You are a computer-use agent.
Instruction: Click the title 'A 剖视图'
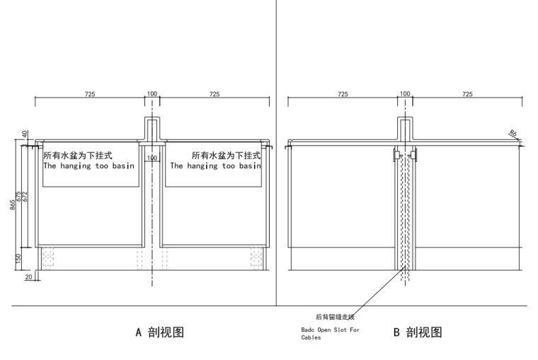tap(160, 332)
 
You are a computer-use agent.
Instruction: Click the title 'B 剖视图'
tap(418, 332)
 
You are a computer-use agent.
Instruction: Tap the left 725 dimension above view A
tap(90, 94)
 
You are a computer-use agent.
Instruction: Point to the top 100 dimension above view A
tap(152, 94)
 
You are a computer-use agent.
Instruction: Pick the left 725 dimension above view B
tap(343, 94)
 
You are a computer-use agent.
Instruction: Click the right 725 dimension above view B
tap(467, 94)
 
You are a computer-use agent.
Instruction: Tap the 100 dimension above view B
tap(405, 94)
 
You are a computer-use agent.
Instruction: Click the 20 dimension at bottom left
tap(28, 277)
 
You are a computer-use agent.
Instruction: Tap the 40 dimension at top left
tap(25, 134)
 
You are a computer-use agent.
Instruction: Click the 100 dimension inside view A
tap(152, 158)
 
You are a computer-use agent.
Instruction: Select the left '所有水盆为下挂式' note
tap(79, 155)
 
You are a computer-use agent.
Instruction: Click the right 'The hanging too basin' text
tap(215, 166)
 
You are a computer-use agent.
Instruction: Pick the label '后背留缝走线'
tap(334, 317)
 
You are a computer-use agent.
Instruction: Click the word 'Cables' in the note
tap(311, 338)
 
